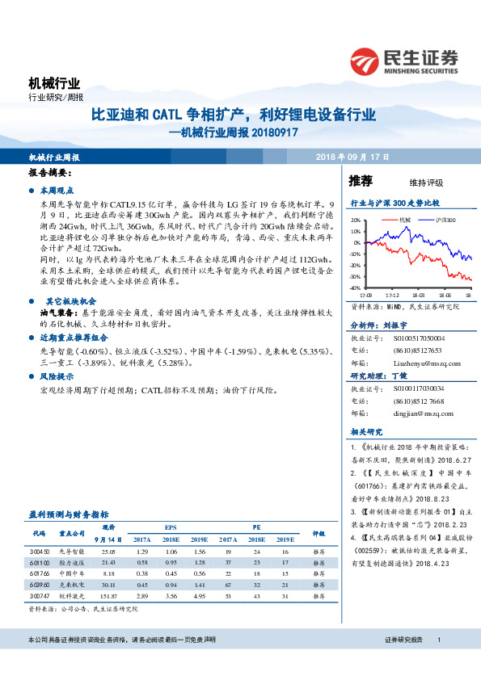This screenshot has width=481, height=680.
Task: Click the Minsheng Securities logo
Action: [x=403, y=61]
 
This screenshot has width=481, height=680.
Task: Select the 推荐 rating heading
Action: [x=361, y=180]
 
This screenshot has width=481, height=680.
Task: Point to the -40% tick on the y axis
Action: [x=356, y=288]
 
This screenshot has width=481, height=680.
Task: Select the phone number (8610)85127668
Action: [x=416, y=401]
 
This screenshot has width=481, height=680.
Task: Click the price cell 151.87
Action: [x=110, y=595]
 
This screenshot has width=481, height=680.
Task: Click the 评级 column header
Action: [x=319, y=533]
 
